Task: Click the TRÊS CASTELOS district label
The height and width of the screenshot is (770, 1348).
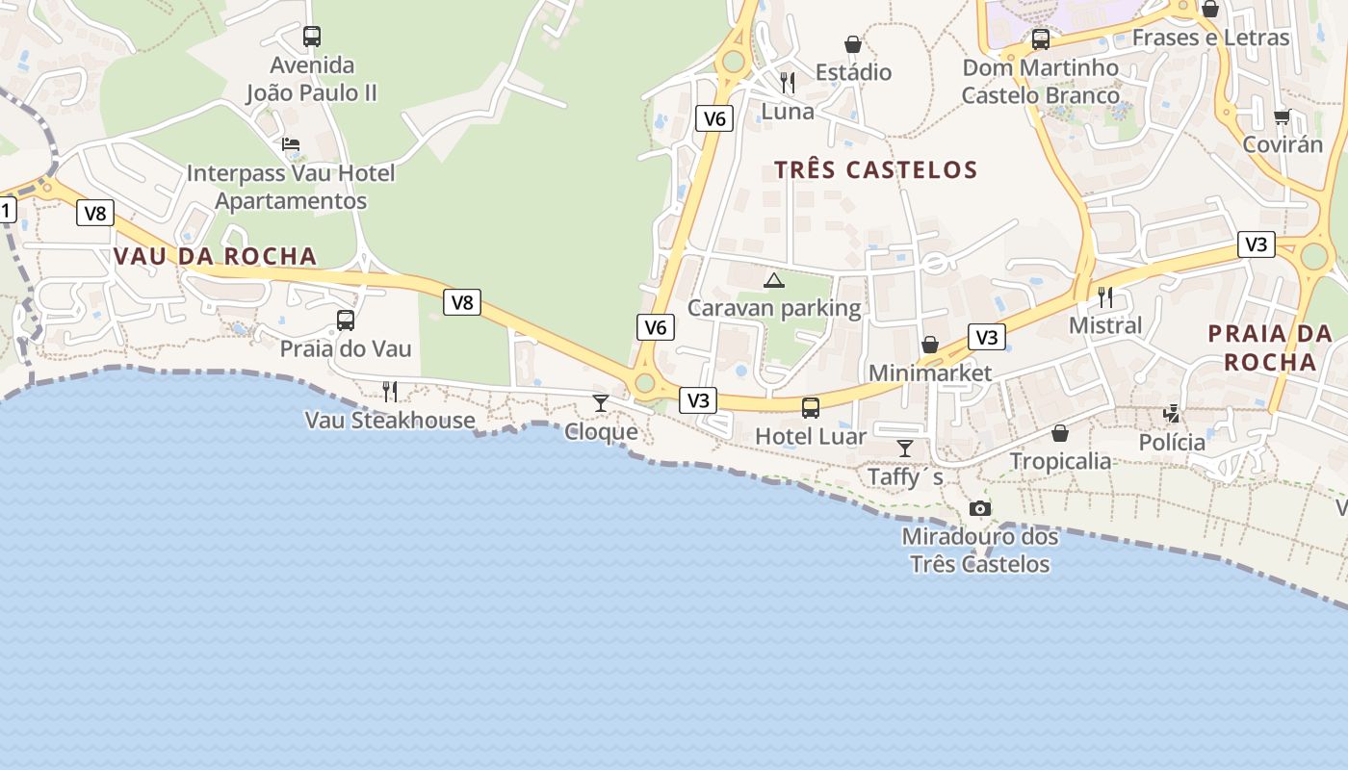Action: click(875, 170)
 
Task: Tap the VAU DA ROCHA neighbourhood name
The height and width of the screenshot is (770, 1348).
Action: click(215, 256)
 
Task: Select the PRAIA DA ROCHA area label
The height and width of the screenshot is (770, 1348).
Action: click(1271, 347)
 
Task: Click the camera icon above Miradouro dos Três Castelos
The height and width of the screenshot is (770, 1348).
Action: click(980, 508)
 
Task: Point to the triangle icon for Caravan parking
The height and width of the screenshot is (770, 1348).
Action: click(773, 281)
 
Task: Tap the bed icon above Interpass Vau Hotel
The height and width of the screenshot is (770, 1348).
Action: click(291, 145)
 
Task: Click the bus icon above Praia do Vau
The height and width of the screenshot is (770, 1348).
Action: click(345, 321)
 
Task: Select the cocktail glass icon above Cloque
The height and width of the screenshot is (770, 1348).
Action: click(601, 402)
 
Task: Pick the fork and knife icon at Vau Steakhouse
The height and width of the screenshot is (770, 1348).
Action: click(390, 392)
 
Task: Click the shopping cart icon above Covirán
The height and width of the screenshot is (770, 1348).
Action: click(1282, 117)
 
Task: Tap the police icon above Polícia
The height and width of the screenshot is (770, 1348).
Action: click(1172, 414)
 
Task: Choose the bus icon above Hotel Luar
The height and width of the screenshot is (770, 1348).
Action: click(811, 408)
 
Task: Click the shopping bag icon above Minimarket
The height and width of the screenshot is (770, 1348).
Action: click(930, 345)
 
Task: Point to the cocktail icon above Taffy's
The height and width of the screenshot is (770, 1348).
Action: click(905, 449)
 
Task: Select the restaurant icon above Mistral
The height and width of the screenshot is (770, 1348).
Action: click(1105, 296)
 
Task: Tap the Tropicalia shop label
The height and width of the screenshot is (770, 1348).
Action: click(1060, 461)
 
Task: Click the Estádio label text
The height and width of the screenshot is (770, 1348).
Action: click(853, 72)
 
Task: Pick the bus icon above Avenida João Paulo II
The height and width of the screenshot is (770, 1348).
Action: click(312, 37)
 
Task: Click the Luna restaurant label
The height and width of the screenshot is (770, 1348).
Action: click(788, 112)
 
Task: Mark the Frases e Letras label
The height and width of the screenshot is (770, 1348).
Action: click(1210, 38)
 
